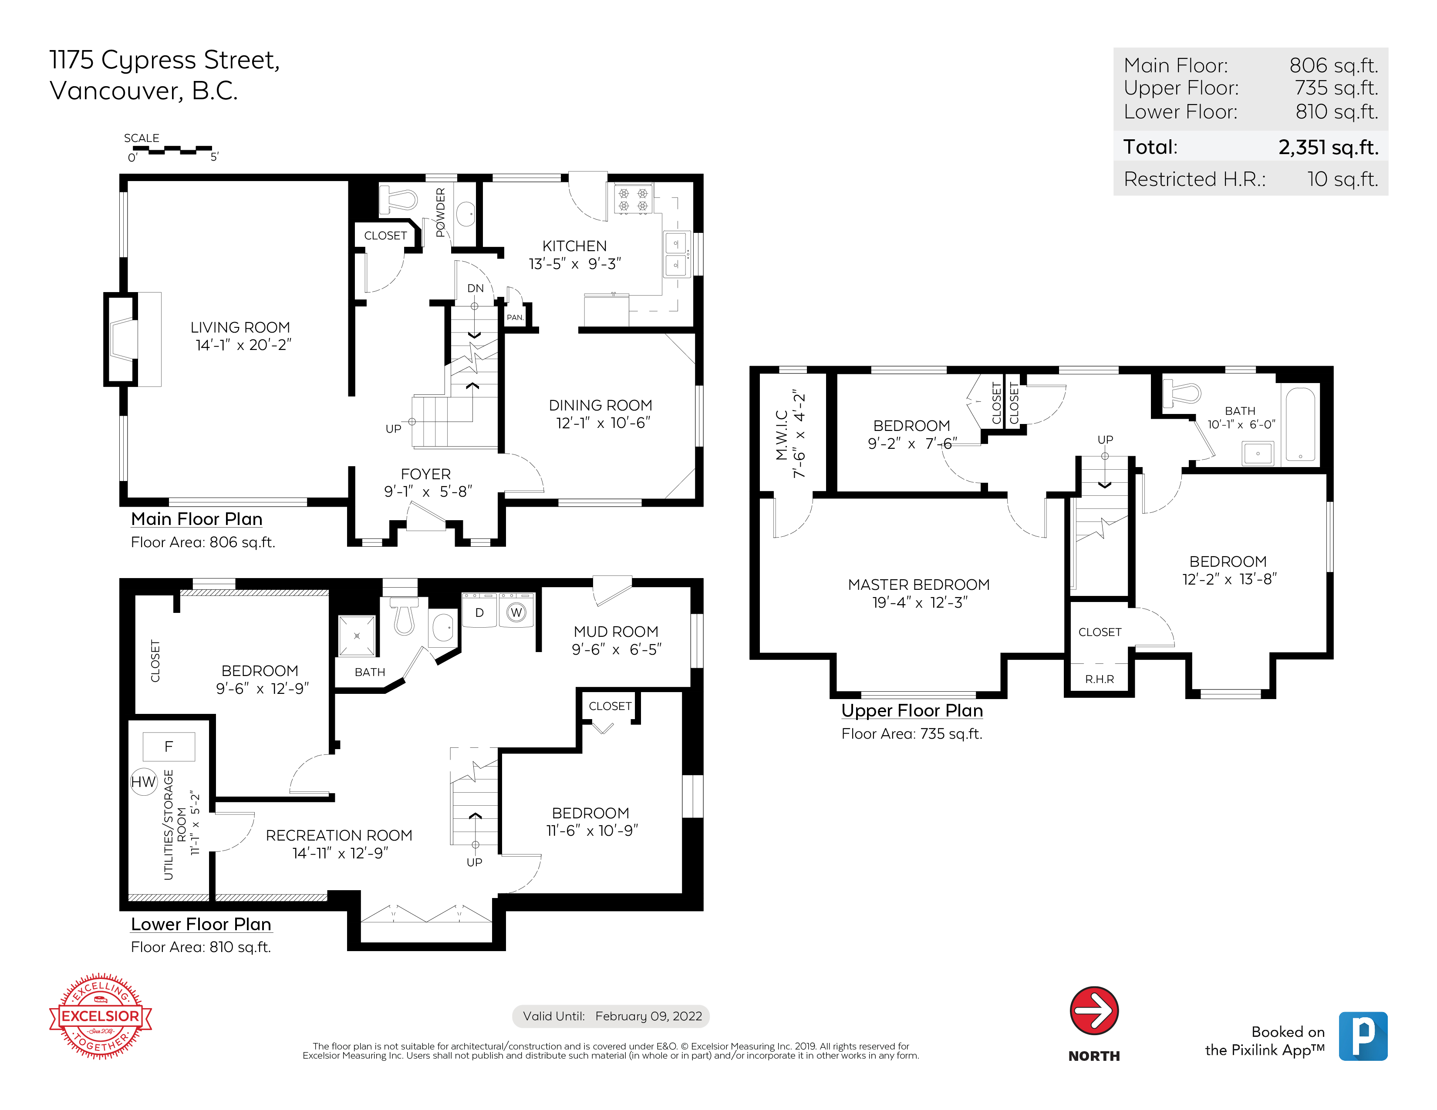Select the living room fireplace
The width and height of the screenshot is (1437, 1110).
[x=133, y=340]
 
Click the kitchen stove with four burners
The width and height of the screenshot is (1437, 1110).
[x=633, y=199]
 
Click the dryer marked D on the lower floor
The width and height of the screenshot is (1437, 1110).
[x=480, y=611]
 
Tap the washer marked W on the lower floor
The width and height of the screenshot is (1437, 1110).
[x=516, y=611]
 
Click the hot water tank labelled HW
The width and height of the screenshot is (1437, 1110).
[x=143, y=782]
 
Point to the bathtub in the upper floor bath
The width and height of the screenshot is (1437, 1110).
[x=1301, y=424]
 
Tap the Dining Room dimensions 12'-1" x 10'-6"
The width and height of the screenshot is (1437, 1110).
[x=604, y=423]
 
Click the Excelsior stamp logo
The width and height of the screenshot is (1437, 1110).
[x=101, y=1016]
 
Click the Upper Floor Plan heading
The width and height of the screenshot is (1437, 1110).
[x=912, y=710]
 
